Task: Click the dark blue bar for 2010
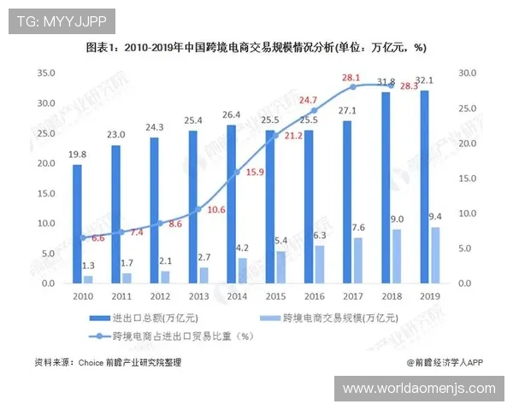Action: (77, 224)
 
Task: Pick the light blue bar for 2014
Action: (242, 270)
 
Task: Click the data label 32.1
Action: (425, 81)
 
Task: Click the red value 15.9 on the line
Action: (254, 173)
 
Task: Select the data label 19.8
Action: (77, 155)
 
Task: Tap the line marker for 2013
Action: (198, 209)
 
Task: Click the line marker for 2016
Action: (314, 110)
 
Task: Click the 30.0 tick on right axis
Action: (468, 74)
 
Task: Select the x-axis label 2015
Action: (275, 296)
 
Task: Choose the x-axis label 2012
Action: (160, 296)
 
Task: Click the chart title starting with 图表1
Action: (256, 48)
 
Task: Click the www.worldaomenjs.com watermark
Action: (419, 389)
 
